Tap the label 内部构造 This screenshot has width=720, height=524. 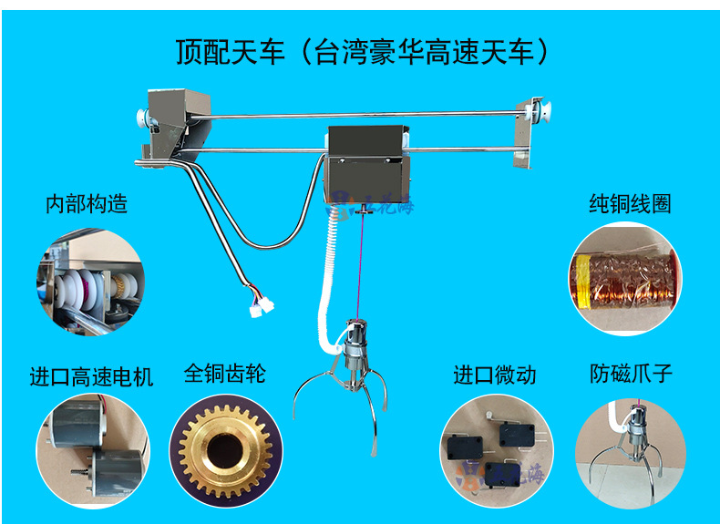point(87,203)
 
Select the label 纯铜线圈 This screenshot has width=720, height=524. point(630,203)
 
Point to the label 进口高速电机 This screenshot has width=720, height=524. point(91,375)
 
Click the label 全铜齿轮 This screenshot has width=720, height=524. point(224,373)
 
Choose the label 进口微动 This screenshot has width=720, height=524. point(495,375)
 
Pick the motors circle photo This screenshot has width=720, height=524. point(91,450)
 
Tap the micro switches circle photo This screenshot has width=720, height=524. point(495,451)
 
